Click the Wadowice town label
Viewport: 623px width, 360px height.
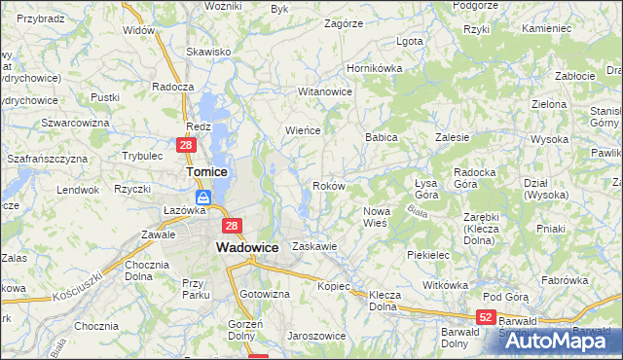[x=247, y=248]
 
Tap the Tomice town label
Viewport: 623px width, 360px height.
[x=206, y=171]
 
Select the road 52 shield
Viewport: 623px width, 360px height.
[x=487, y=317]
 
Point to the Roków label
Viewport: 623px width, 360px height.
[x=326, y=185]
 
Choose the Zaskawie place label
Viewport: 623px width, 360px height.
[x=314, y=246]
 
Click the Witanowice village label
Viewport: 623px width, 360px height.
[x=324, y=91]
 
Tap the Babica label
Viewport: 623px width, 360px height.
[x=382, y=138]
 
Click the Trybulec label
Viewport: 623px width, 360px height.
[x=142, y=156]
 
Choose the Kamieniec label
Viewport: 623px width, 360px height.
[x=546, y=29]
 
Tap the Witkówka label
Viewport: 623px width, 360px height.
[x=446, y=285]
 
